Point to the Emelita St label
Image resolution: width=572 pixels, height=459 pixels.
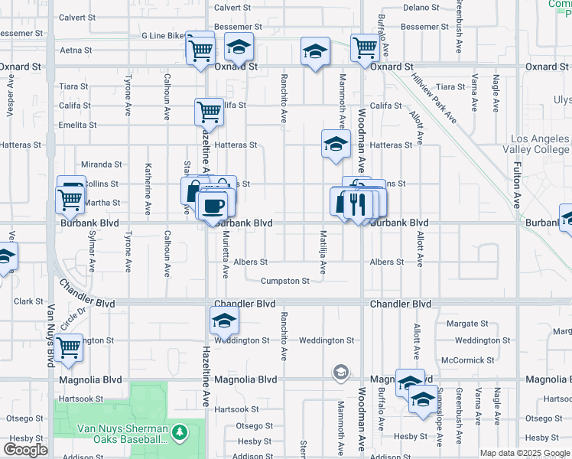tap(78, 125)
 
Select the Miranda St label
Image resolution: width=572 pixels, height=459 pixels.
tap(102, 164)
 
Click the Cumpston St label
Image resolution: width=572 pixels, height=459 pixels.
tap(285, 281)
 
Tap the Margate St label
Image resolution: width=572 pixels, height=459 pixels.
tap(467, 324)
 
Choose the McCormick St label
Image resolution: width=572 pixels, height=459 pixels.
tap(465, 360)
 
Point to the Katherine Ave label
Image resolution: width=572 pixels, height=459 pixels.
tap(148, 187)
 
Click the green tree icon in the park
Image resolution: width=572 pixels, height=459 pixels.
tap(180, 434)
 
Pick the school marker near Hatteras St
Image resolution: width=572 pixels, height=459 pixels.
tap(335, 143)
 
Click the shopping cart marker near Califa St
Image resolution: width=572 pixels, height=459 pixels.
tap(208, 112)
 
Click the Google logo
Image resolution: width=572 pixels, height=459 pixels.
tap(25, 450)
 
